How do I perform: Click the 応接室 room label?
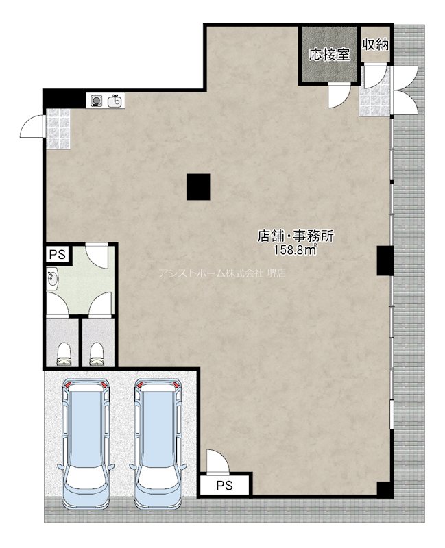point(329,55)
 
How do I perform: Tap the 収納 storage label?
point(376,45)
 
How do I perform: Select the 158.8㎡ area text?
point(296,250)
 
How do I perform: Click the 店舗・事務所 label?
point(296,236)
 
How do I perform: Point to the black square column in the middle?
point(198,186)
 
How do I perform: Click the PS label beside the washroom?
point(58,254)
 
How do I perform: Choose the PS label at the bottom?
point(224,486)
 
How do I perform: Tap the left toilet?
point(63,353)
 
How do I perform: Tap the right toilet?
point(97,353)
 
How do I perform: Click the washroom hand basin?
point(53,279)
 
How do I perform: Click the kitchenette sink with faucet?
point(115,101)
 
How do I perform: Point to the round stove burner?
point(95,101)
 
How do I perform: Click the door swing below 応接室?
point(339,96)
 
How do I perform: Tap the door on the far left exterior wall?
point(32,127)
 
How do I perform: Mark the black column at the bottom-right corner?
point(385,490)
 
